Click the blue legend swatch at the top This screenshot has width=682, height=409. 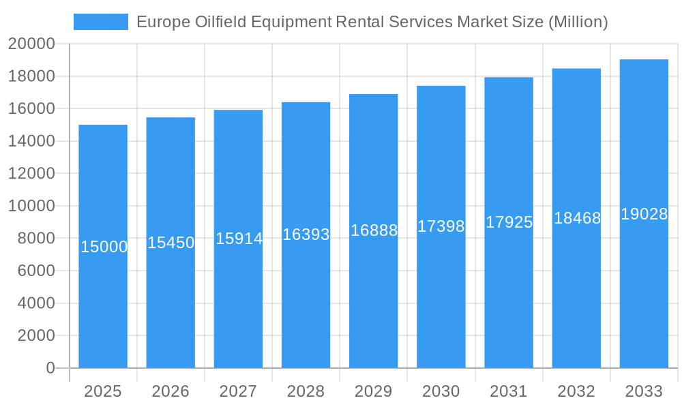pos(100,22)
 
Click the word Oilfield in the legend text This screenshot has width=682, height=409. pos(213,22)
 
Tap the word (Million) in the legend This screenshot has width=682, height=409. pos(578,22)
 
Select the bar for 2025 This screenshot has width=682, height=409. pos(103,307)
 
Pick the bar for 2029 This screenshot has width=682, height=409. pos(373,307)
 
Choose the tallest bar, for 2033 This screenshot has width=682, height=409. pos(644,307)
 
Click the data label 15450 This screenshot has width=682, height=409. pos(170,243)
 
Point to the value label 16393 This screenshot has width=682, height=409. pos(306,234)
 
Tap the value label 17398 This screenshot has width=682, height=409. pos(441,226)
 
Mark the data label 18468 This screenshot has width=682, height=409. pos(576,218)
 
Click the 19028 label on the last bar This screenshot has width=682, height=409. pos(644,214)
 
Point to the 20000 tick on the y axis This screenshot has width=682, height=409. pos(31,44)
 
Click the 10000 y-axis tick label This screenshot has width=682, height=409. pos(31,206)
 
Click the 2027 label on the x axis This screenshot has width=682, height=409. pos(238,391)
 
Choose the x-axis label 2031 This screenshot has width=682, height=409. pos(508,391)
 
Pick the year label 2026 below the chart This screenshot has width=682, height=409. pos(170,391)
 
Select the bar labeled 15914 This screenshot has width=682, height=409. pos(238,307)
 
